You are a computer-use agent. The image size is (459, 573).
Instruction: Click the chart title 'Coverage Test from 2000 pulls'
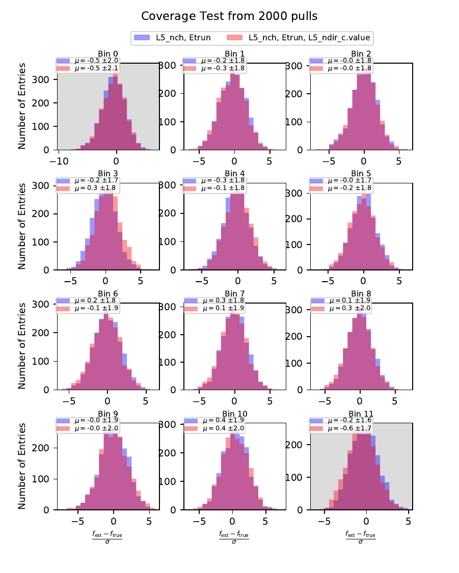(x=229, y=16)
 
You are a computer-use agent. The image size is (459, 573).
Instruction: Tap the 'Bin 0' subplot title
(x=108, y=53)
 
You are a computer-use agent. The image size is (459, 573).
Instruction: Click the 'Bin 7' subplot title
(x=234, y=293)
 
